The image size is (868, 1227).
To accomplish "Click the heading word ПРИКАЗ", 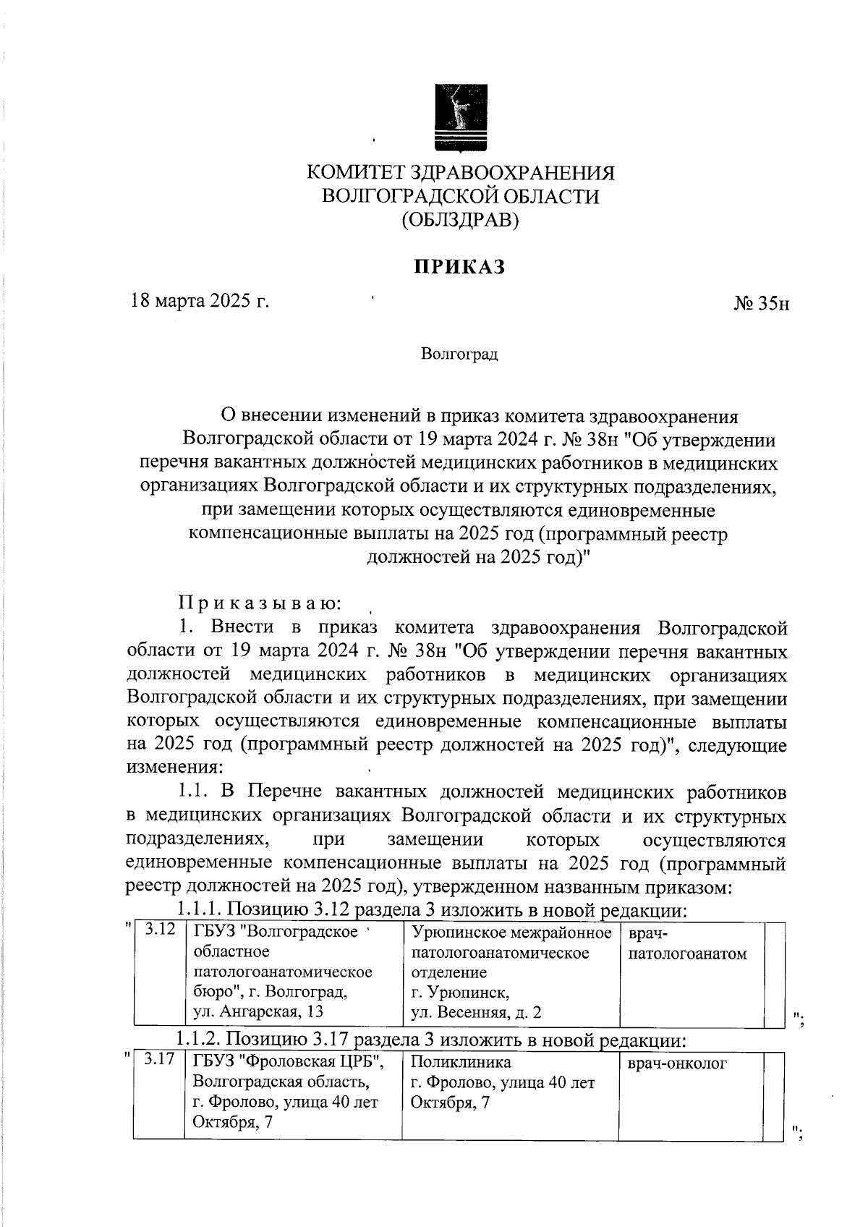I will point(459,267).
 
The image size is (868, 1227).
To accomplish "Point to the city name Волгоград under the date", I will point(459,355).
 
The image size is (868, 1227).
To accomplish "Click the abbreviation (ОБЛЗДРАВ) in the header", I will point(461,219).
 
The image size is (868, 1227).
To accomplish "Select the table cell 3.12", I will point(161,930).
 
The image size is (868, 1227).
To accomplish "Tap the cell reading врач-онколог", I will point(678,1063).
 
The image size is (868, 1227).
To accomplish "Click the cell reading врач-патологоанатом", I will point(687,943).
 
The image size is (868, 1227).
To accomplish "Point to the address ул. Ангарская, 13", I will point(258,1011).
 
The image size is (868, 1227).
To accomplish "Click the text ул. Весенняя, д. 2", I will point(475,1012).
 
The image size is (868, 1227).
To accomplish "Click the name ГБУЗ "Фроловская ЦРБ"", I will point(287,1062).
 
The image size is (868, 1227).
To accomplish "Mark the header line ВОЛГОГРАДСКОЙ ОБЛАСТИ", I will point(461,196).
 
